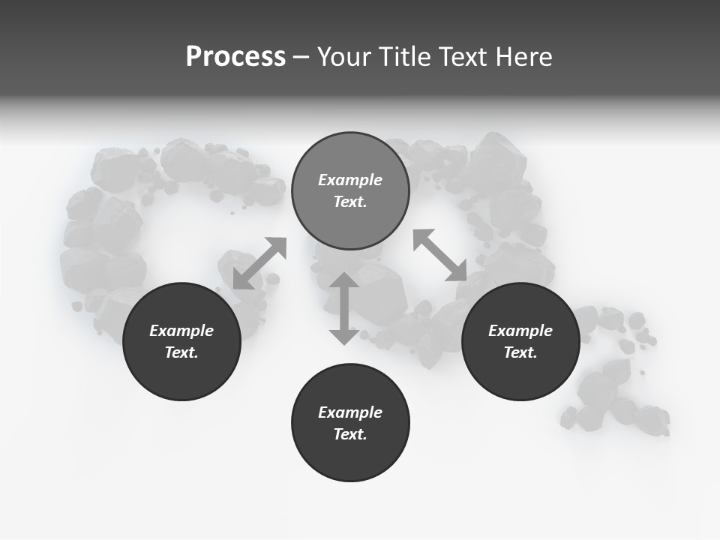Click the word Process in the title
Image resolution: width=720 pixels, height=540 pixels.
(235, 57)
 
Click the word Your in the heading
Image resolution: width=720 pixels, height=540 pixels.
(346, 57)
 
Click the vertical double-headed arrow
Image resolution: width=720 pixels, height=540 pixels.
(344, 308)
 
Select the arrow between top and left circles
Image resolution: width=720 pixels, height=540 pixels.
(259, 263)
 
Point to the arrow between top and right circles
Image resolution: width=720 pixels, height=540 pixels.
(440, 255)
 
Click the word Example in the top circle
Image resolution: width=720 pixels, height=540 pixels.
(350, 180)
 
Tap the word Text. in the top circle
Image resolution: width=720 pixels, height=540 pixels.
(350, 202)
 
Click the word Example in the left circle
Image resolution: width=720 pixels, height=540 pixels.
(181, 331)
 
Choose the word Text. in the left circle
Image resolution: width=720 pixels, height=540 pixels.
(181, 352)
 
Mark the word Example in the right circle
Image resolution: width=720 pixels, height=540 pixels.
(520, 331)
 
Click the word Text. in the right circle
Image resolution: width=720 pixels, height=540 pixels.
(520, 352)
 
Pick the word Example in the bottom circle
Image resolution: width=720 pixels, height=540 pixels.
(350, 412)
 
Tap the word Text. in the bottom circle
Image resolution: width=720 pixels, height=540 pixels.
(350, 434)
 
